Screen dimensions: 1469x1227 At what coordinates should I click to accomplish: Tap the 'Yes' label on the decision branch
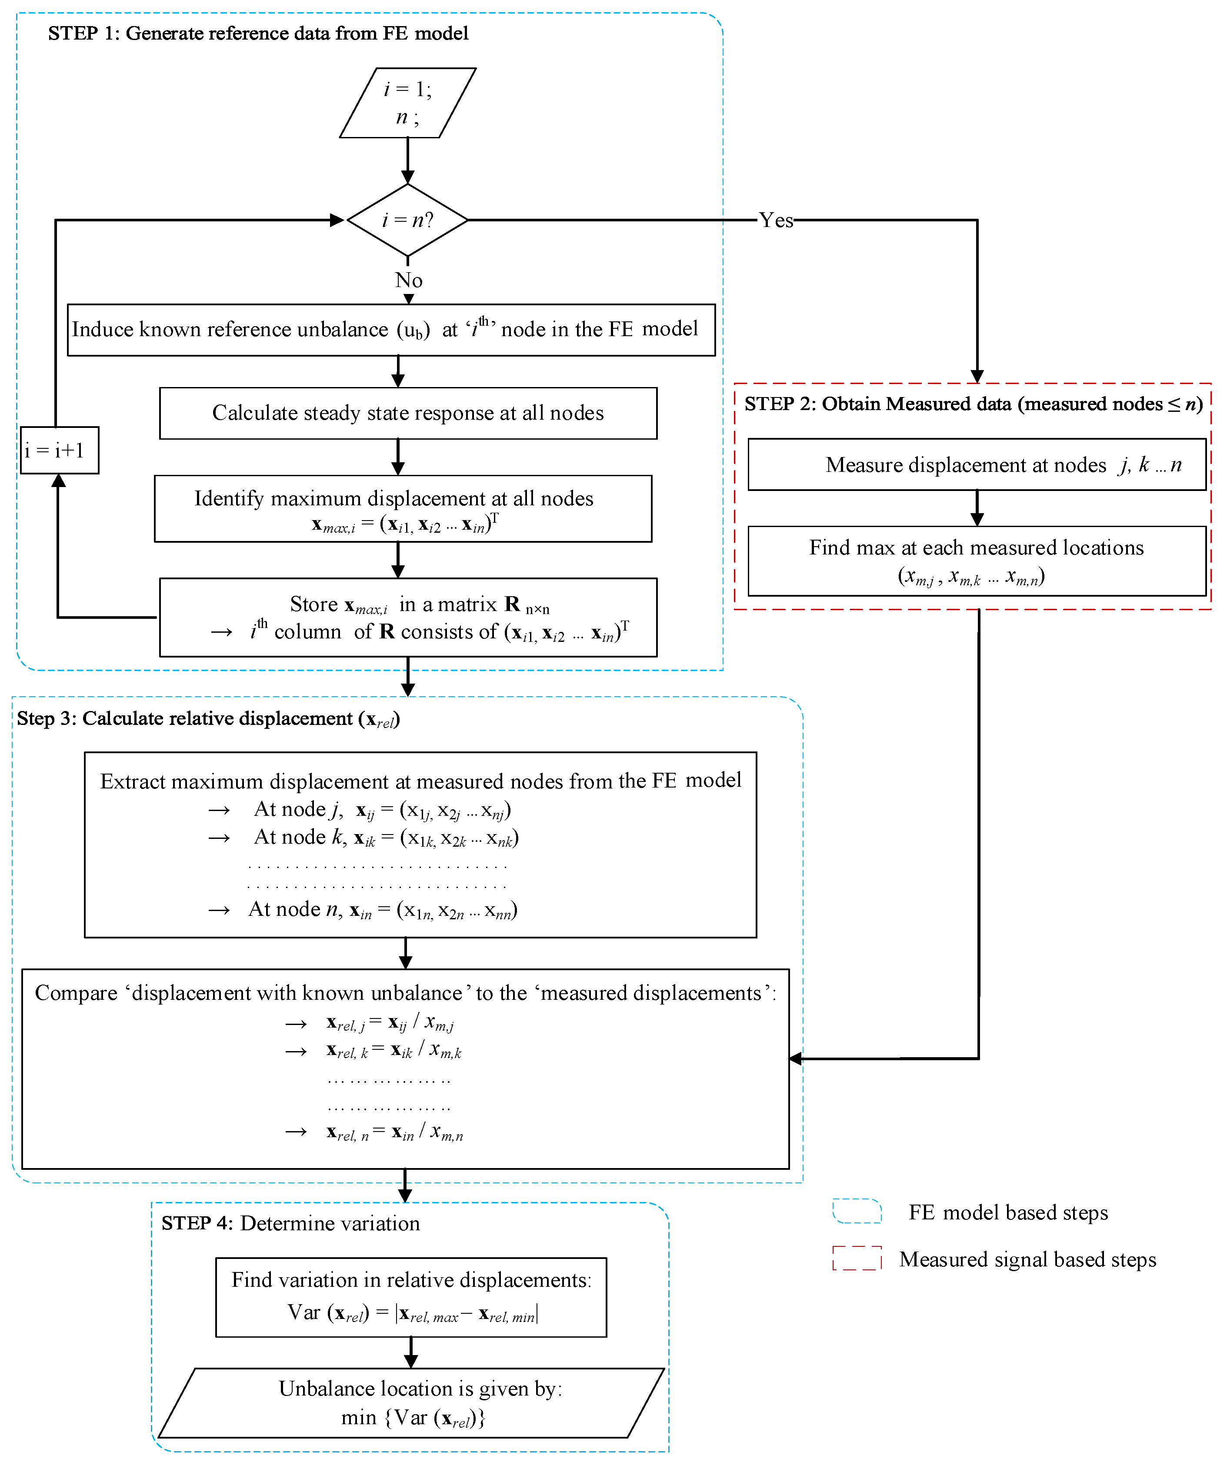(x=776, y=220)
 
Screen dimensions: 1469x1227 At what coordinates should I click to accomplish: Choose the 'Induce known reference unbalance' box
(x=391, y=330)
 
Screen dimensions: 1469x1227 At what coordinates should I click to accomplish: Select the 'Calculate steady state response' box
(x=408, y=414)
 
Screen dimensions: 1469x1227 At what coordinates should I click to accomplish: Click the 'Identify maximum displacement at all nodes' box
(x=403, y=508)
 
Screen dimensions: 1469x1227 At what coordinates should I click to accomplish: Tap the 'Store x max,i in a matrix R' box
(x=408, y=617)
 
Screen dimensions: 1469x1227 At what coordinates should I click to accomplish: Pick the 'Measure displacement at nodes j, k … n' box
(x=977, y=464)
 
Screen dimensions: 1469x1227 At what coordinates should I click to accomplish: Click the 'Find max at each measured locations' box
(x=977, y=561)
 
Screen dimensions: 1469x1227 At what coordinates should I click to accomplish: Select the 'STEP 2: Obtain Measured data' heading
(x=972, y=404)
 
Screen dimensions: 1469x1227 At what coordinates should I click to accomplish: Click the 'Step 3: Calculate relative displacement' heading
(x=208, y=719)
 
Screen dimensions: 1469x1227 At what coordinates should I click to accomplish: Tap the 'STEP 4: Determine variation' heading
(x=290, y=1223)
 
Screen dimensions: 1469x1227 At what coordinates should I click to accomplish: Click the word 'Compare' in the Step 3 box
(x=76, y=993)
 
